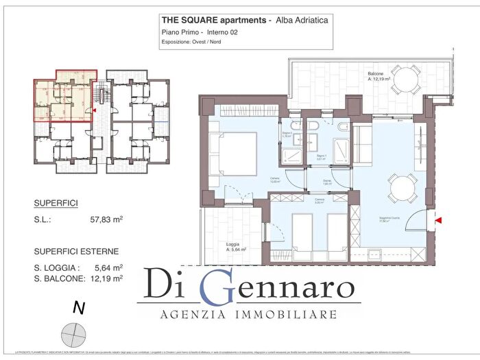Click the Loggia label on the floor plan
233,244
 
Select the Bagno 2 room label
288,133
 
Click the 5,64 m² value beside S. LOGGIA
108,267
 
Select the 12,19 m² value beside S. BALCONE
106,278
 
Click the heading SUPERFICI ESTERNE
76,251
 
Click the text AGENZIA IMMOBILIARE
248,315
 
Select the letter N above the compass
78,309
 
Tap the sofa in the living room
361,140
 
